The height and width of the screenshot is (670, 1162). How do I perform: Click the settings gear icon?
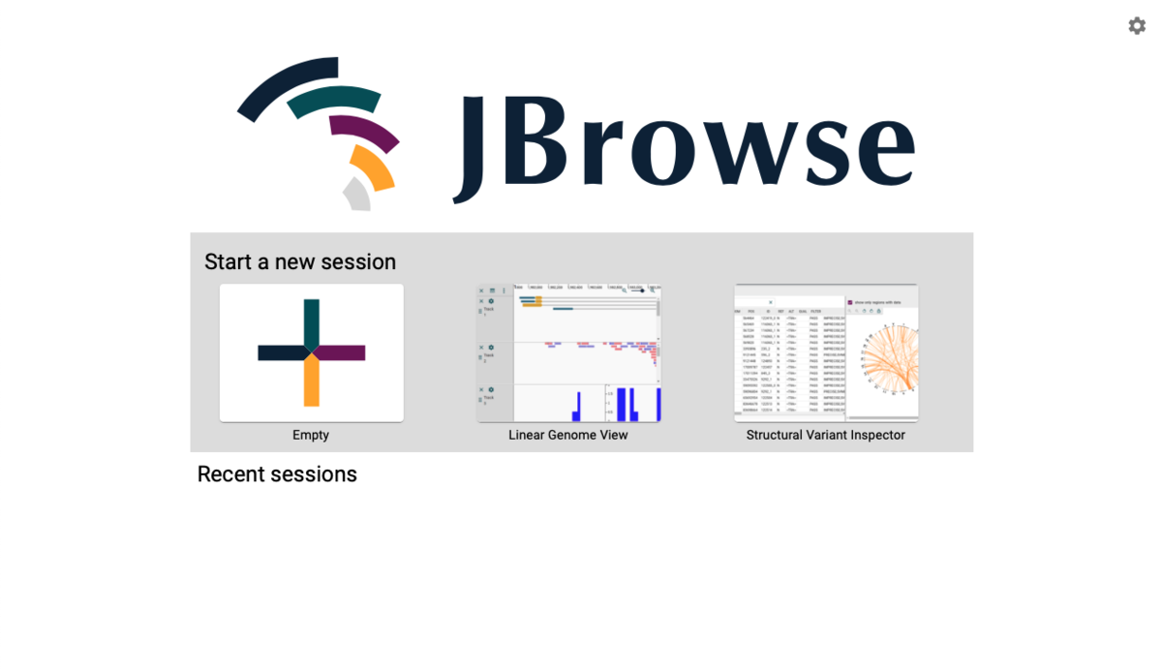tap(1137, 26)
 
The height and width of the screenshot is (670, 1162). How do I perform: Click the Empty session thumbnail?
tap(311, 352)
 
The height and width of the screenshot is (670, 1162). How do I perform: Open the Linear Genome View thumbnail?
tap(568, 352)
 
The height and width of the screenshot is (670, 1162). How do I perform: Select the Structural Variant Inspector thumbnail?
tap(826, 352)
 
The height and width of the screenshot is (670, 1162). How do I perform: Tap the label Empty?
tap(311, 436)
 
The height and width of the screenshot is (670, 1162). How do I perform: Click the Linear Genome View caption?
tap(568, 436)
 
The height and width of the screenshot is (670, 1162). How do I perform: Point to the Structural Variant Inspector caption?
tap(826, 436)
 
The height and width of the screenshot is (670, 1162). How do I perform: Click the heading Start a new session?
tap(300, 262)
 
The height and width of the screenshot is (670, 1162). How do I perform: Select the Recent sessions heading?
tap(277, 474)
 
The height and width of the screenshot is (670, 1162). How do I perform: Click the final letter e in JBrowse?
tap(882, 150)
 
